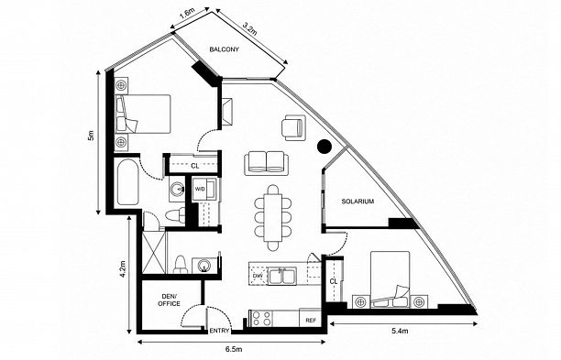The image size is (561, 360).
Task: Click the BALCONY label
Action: (x=224, y=49)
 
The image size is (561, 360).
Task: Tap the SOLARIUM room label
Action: (x=357, y=202)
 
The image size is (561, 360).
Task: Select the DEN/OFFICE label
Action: (x=169, y=300)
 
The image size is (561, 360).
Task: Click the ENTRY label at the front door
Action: (x=219, y=331)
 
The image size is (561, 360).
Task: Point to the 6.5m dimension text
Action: (x=234, y=349)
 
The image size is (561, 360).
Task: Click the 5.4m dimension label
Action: (x=400, y=331)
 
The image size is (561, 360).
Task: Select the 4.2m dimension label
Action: (x=123, y=268)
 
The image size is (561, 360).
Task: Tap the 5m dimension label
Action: (x=92, y=136)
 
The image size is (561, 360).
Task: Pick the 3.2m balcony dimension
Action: (x=249, y=28)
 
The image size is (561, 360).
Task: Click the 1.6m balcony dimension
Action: (x=186, y=14)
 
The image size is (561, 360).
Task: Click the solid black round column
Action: (x=324, y=146)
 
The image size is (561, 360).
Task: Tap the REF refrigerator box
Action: (x=310, y=318)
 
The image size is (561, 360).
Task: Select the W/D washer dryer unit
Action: (x=203, y=188)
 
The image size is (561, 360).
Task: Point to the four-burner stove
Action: (x=261, y=318)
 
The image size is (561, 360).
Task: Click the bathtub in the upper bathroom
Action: (x=127, y=182)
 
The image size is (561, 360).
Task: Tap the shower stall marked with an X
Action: (x=155, y=253)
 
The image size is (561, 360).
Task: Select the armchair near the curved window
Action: (x=293, y=127)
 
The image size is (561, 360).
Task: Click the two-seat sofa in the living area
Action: (x=267, y=163)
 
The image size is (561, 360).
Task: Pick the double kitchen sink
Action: (x=282, y=276)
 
